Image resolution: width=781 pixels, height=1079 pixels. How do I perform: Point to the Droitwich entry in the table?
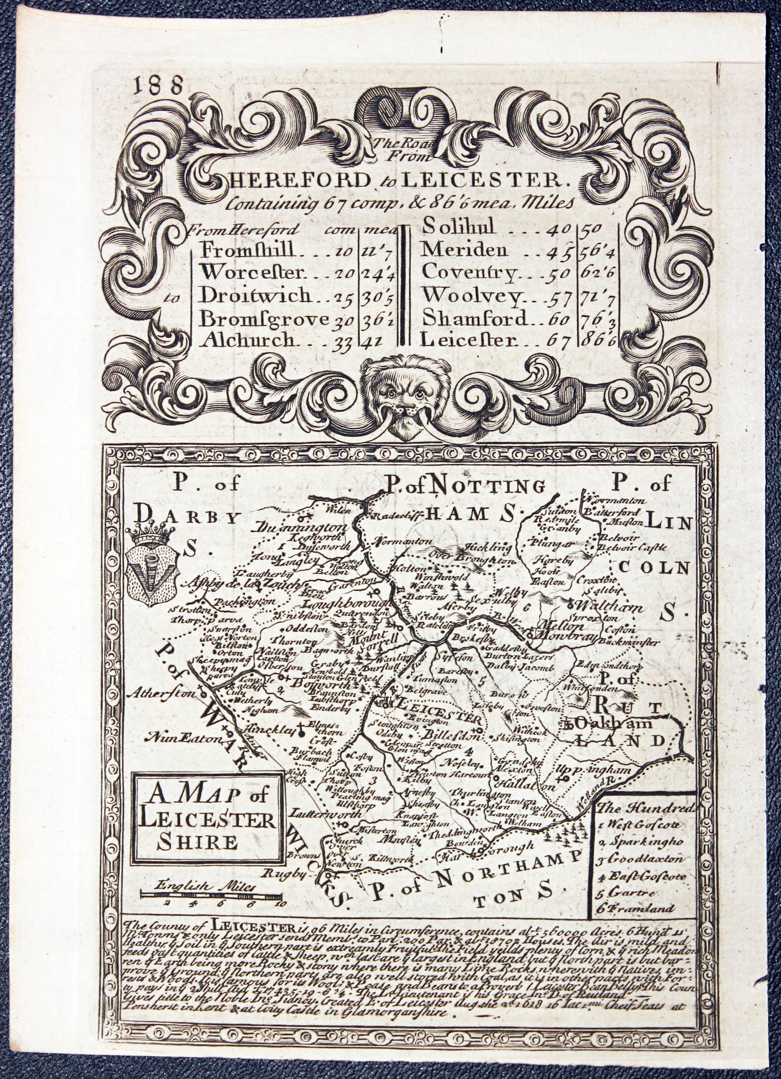point(255,296)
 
